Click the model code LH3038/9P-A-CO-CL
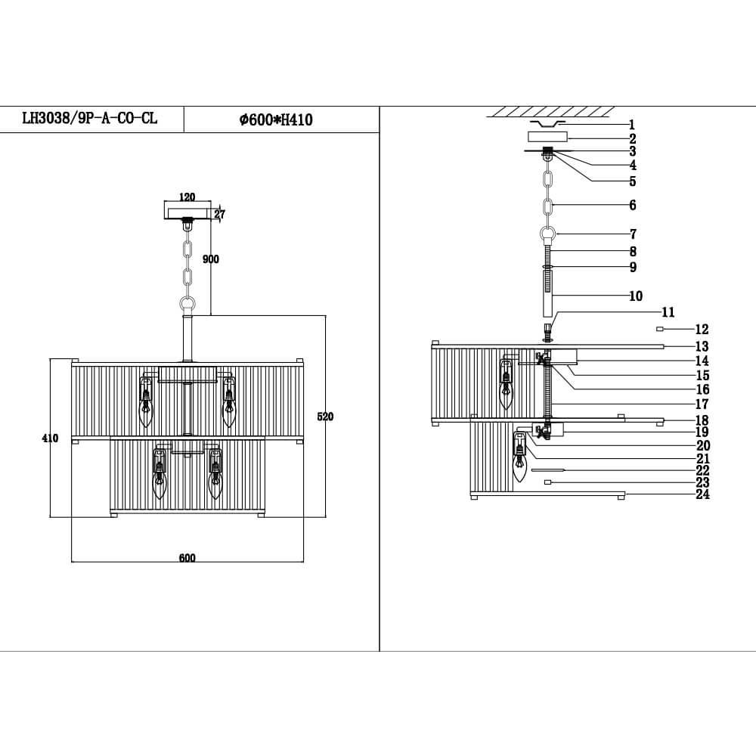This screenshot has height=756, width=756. pos(90,119)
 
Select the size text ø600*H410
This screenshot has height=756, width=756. pos(276,119)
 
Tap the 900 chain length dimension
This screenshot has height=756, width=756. pos(211,259)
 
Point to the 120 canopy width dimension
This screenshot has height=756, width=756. pos(187,197)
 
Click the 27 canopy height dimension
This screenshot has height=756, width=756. pos(219,215)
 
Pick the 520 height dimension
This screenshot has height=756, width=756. pos(325,417)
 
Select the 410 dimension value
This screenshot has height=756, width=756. pos(50,438)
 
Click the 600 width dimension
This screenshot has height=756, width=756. pos(187,558)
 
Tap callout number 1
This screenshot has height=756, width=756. pos(632,125)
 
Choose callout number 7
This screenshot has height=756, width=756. pos(633,234)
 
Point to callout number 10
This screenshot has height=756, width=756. pos(635,296)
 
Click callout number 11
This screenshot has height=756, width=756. pos(668,312)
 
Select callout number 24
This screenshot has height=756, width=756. pos(702,495)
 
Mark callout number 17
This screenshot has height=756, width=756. pos(702,404)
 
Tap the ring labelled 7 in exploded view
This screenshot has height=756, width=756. pos(550,234)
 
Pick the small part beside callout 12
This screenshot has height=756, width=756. pos(660,330)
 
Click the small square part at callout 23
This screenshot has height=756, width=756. pos(547,482)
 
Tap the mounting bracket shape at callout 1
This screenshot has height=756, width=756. pos(547,123)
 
